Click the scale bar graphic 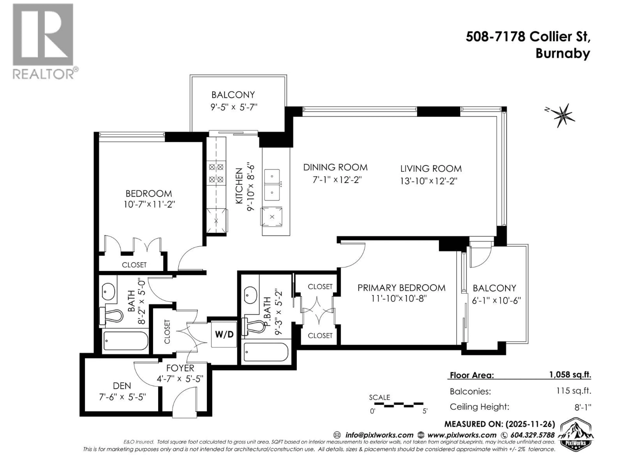[398, 405]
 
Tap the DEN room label [122, 386]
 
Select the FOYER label [180, 368]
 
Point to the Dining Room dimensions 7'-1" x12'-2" [337, 180]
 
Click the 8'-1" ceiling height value [583, 407]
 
